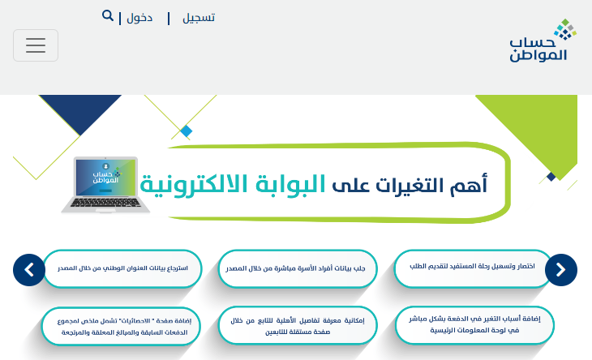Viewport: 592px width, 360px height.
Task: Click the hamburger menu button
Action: pyautogui.click(x=36, y=45)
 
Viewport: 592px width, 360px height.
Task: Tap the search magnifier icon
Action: pyautogui.click(x=108, y=16)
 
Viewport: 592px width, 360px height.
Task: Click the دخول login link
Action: pyautogui.click(x=139, y=18)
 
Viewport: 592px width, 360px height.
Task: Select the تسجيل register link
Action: pyautogui.click(x=199, y=18)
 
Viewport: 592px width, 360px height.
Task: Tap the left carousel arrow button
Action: pyautogui.click(x=29, y=270)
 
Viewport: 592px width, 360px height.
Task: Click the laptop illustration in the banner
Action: pyautogui.click(x=105, y=185)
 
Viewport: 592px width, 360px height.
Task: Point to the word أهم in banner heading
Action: pyautogui.click(x=469, y=185)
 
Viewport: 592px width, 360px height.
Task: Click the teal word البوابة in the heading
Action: pyautogui.click(x=290, y=185)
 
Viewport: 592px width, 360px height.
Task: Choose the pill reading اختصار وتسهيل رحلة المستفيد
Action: pyautogui.click(x=472, y=268)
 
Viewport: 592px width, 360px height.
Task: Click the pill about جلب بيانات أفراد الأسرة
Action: pyautogui.click(x=298, y=268)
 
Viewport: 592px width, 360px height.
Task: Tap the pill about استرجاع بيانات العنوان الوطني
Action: pyautogui.click(x=122, y=268)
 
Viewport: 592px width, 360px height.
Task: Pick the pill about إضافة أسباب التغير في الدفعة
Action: pyautogui.click(x=474, y=325)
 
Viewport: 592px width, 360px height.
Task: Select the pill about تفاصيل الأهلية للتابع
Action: pyautogui.click(x=298, y=325)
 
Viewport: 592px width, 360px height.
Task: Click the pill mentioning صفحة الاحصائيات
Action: pyautogui.click(x=121, y=327)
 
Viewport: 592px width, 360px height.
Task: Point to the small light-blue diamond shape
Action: pyautogui.click(x=187, y=131)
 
